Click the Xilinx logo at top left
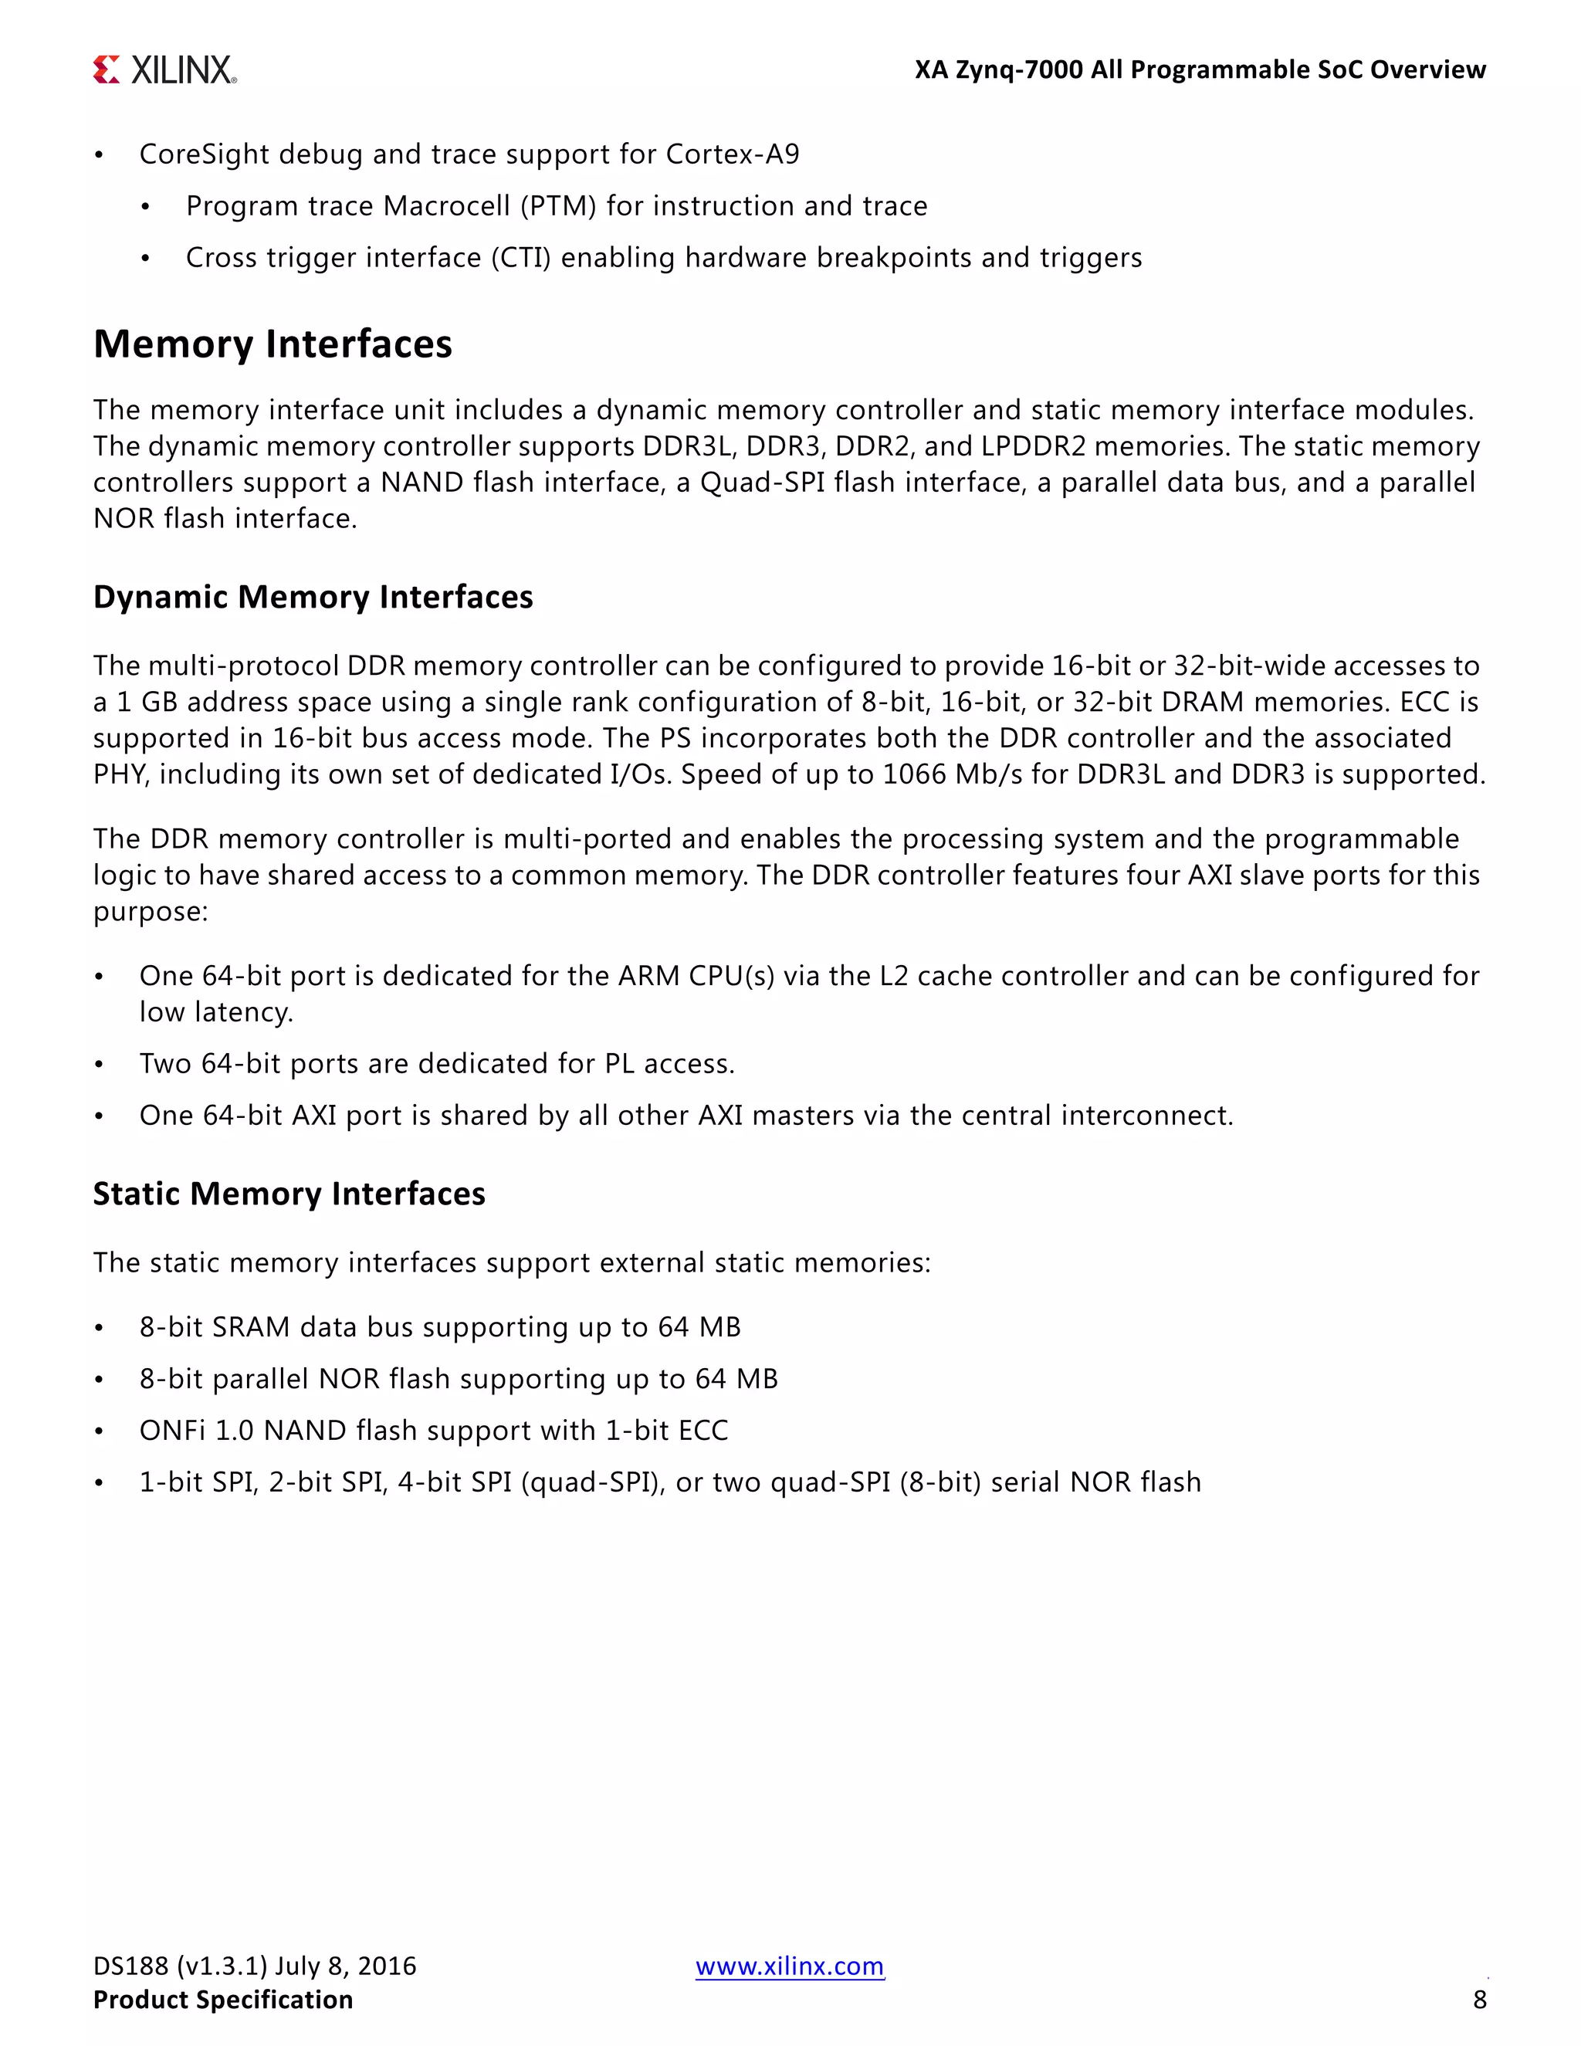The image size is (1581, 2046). pos(165,70)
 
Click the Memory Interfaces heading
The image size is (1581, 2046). pos(273,344)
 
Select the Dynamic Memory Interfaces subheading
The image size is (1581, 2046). pos(313,597)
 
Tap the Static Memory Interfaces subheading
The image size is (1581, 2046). pos(289,1194)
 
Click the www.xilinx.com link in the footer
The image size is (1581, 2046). pos(790,1966)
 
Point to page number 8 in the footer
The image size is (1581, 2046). pos(1479,1999)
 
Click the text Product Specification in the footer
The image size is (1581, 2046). pos(223,1999)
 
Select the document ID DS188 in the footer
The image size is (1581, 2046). pos(130,1966)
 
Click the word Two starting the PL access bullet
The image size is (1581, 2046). pos(165,1064)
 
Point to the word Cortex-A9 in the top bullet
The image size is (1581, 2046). pos(733,154)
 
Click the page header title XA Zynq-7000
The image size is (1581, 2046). pos(998,70)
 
